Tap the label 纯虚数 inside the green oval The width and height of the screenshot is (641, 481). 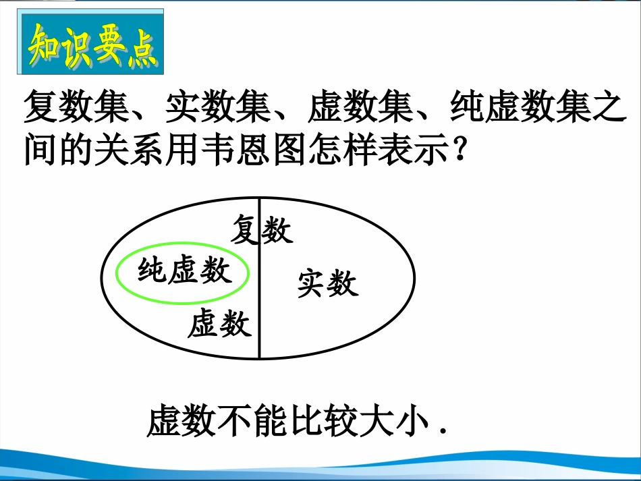coord(184,272)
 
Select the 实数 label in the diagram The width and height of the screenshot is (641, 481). coord(328,284)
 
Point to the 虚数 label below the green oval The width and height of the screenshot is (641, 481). coord(220,324)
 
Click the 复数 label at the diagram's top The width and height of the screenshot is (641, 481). coord(262,230)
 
